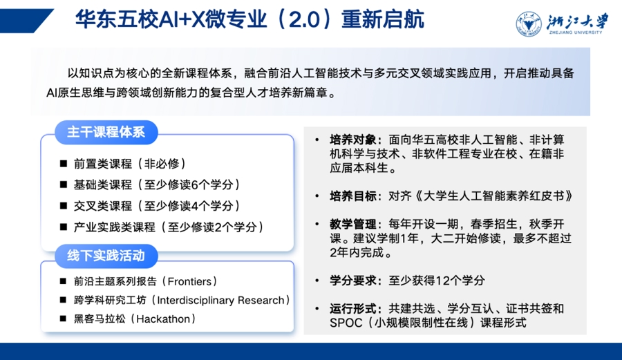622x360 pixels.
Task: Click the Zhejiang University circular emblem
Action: click(529, 24)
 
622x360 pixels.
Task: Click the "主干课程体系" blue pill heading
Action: click(106, 132)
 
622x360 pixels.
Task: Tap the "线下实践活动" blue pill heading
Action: click(106, 256)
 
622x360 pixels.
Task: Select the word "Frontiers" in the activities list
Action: click(189, 281)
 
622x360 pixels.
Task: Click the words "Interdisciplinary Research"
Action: click(221, 300)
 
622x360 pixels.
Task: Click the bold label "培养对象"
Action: click(353, 140)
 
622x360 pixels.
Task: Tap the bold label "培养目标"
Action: click(353, 196)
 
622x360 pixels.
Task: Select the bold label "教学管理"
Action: click(353, 224)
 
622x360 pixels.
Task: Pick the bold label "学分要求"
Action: click(353, 281)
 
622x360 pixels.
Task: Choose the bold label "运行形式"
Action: click(353, 308)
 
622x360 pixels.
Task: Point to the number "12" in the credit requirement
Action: click(443, 281)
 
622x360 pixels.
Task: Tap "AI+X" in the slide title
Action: click(181, 20)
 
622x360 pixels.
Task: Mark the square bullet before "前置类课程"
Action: click(64, 163)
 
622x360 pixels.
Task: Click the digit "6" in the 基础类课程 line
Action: click(194, 184)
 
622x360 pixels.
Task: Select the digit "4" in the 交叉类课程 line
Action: click(194, 206)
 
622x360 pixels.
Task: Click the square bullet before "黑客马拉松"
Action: click(63, 319)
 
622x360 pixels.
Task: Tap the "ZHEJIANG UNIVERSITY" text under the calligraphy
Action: click(576, 32)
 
